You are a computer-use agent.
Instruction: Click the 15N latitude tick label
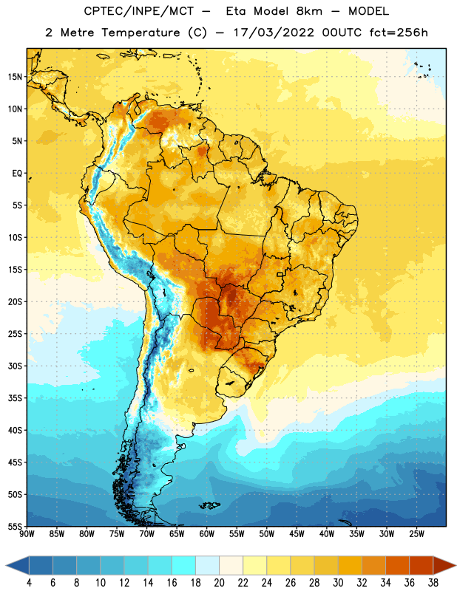click(15, 77)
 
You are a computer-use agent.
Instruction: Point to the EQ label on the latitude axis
click(17, 174)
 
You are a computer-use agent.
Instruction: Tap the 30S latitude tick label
click(15, 366)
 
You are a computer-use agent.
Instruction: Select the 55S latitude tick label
click(15, 526)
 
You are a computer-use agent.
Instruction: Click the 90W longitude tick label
click(27, 534)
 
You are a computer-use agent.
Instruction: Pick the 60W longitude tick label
click(207, 534)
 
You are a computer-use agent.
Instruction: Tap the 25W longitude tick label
click(416, 534)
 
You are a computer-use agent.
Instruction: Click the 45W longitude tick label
click(297, 534)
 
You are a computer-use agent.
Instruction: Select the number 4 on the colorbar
click(29, 583)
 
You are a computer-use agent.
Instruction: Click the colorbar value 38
click(433, 583)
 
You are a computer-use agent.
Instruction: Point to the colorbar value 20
click(219, 583)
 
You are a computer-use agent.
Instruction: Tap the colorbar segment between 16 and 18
click(184, 566)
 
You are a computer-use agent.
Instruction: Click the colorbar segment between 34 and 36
click(397, 566)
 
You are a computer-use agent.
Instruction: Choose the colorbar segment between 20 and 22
click(231, 566)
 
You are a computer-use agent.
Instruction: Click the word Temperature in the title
click(141, 33)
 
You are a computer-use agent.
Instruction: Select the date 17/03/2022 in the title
click(274, 33)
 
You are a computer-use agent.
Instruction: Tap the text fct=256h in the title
click(399, 33)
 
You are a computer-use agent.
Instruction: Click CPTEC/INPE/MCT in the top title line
click(139, 11)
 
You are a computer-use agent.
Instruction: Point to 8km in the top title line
click(309, 11)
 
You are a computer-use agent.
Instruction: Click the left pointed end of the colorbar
click(7, 566)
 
